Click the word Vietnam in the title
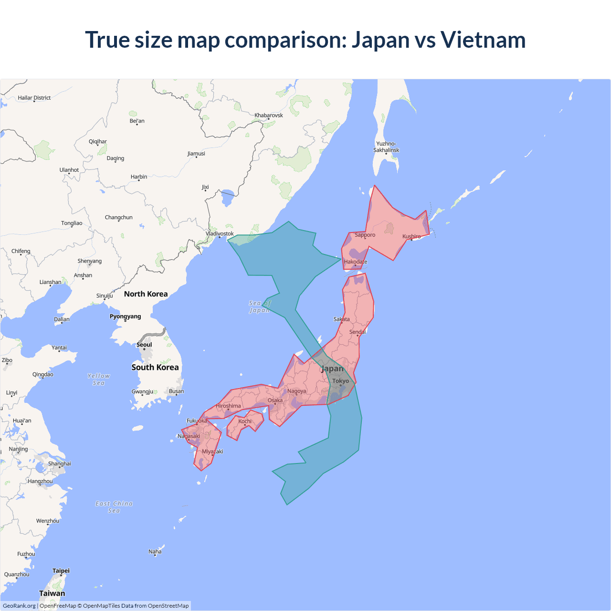483,40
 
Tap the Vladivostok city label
220,233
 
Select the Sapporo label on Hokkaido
365,235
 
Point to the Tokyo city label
340,381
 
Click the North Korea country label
146,294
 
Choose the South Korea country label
155,367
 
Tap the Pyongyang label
125,316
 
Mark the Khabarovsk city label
268,115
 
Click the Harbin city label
139,177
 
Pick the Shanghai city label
59,464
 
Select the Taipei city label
61,570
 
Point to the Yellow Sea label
99,379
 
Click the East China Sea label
114,507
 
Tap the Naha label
155,551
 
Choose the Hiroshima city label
228,406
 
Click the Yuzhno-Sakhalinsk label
386,147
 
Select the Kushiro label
411,236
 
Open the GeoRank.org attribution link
19,606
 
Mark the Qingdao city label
43,374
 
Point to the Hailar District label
34,98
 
